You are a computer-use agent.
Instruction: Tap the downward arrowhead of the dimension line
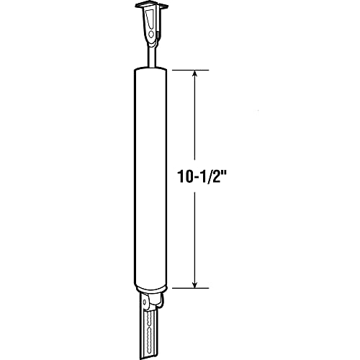(x=195, y=284)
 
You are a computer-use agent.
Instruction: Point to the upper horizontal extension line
(x=191, y=70)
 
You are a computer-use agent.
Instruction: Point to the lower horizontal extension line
(x=191, y=288)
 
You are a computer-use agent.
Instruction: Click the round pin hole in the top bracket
(x=151, y=35)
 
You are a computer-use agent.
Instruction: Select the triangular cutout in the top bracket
(x=150, y=19)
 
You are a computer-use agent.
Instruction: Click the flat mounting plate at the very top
(x=150, y=6)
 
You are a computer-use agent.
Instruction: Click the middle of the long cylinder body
(x=150, y=178)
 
